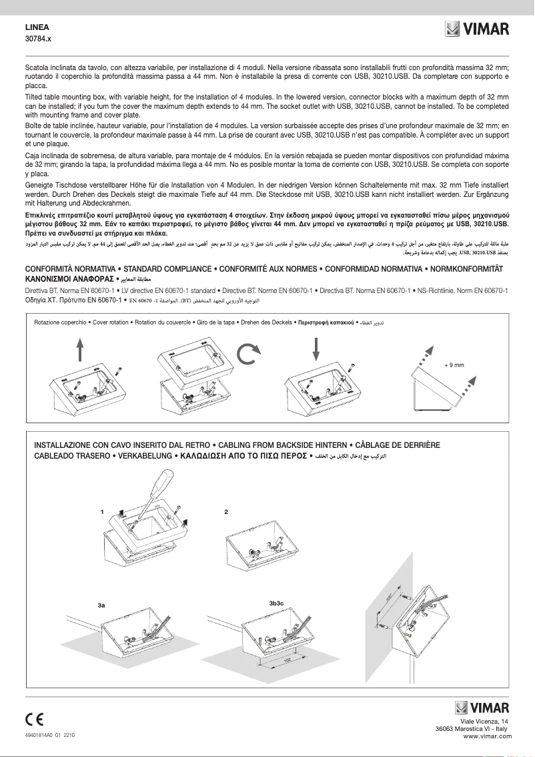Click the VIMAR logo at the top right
(477, 31)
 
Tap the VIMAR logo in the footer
(482, 708)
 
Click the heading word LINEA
(37, 28)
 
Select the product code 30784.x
(38, 40)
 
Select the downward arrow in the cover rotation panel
(316, 349)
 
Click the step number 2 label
(227, 512)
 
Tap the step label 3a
(101, 604)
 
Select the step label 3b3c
(277, 603)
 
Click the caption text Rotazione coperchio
(60, 322)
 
